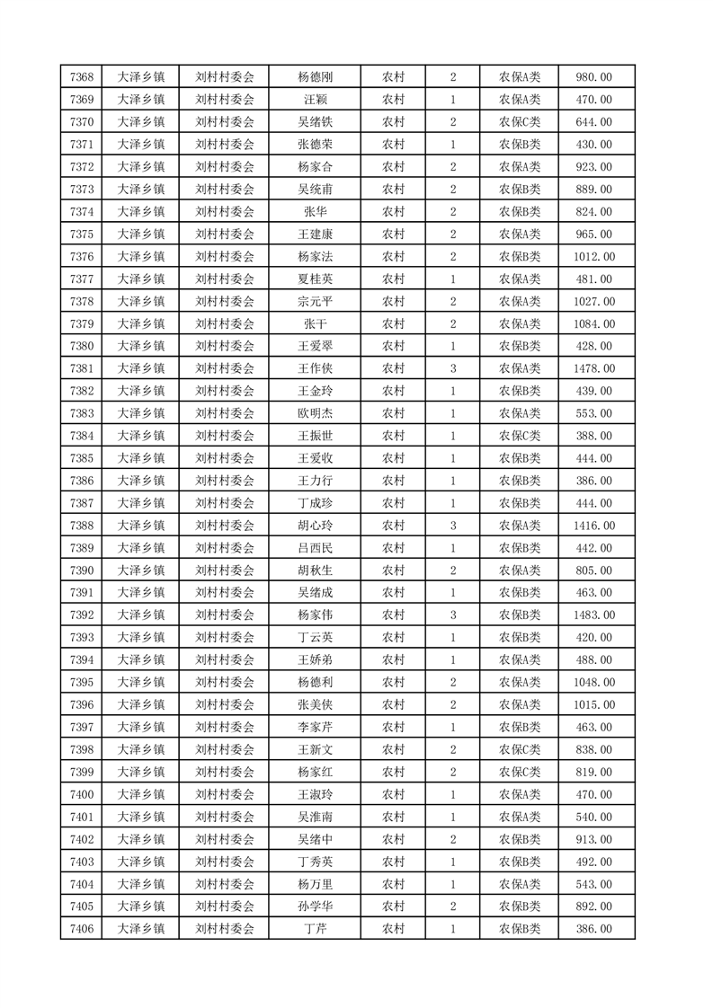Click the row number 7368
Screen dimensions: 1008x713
point(82,77)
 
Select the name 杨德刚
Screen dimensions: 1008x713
point(315,77)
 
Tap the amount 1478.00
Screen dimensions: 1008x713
point(594,368)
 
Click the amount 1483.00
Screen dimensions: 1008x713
point(594,615)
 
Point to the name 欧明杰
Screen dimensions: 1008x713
point(315,413)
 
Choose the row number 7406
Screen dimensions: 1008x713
point(82,929)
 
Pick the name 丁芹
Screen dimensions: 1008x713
point(315,929)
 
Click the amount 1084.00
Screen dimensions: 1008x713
point(594,323)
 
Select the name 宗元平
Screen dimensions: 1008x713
point(315,301)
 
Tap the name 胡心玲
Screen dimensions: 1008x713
point(315,526)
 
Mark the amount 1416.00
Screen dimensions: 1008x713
point(594,526)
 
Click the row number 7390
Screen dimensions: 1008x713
point(82,570)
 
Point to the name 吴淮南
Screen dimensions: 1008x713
point(315,817)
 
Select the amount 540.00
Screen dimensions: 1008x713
point(594,817)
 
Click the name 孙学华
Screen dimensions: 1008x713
point(315,906)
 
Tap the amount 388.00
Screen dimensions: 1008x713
point(594,436)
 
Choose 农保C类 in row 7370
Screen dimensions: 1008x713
point(520,122)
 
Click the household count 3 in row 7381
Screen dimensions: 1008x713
point(453,368)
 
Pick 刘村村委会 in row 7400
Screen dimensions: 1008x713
point(225,794)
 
